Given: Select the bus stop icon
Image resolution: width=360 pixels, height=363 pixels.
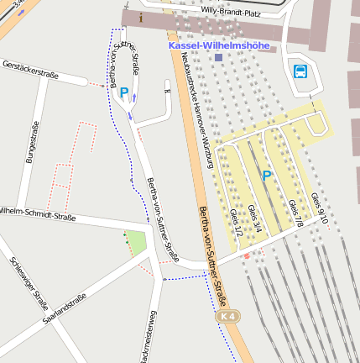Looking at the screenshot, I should (x=300, y=71).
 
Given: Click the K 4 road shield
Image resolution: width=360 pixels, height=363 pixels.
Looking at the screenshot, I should (x=227, y=316).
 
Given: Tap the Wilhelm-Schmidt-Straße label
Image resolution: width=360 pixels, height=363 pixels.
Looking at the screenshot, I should (x=37, y=213).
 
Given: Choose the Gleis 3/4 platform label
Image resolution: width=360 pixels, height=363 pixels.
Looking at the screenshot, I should (x=255, y=217).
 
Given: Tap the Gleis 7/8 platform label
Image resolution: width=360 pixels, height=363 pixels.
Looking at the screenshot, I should (x=295, y=213).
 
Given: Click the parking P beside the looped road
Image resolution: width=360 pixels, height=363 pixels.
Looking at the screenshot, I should (x=124, y=92).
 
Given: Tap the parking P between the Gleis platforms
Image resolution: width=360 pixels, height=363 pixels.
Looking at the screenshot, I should (x=267, y=176).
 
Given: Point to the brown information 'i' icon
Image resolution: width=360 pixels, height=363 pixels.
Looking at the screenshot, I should (x=142, y=17).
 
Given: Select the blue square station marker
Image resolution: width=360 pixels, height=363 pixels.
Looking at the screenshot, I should (x=218, y=57).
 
